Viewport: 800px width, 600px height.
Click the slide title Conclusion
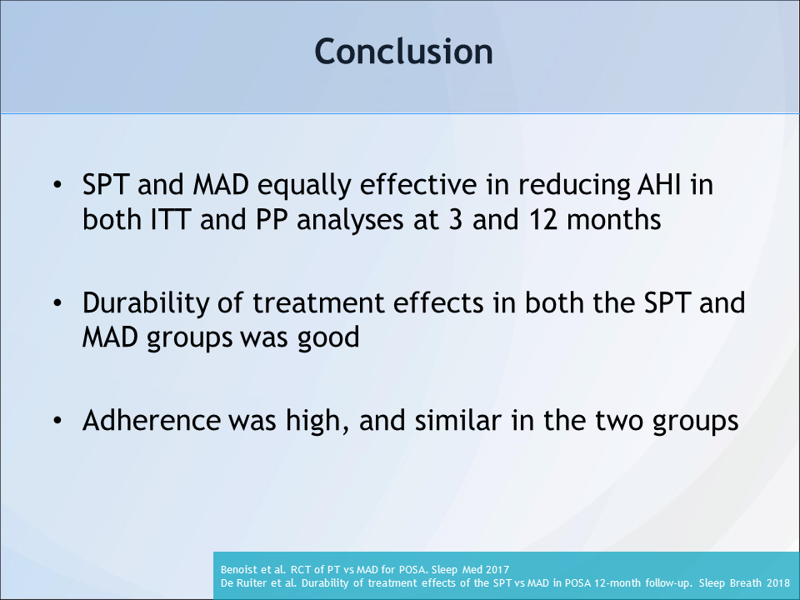click(x=403, y=52)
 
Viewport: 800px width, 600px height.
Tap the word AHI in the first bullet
click(x=660, y=184)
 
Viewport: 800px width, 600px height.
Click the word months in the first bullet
click(x=614, y=220)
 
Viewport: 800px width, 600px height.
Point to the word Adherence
click(x=152, y=420)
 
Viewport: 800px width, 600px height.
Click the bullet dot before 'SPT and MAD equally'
click(x=57, y=185)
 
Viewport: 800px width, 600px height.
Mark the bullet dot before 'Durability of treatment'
click(x=57, y=303)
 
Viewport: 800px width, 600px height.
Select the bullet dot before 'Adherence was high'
click(x=57, y=420)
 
